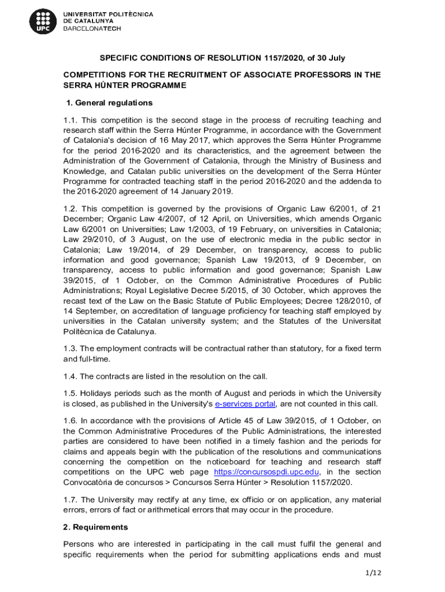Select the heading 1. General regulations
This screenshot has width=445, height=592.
pyautogui.click(x=110, y=103)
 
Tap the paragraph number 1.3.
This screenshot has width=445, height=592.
pyautogui.click(x=70, y=349)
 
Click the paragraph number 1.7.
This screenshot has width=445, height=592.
pyautogui.click(x=70, y=499)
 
